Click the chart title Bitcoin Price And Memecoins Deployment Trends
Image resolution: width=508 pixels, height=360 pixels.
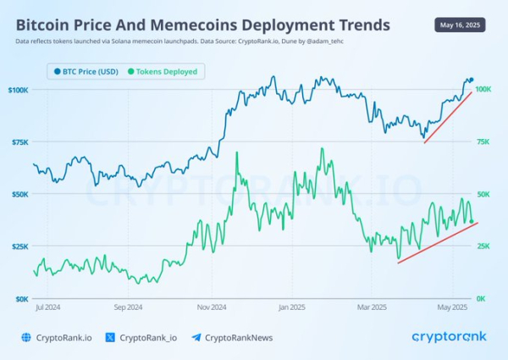(203, 25)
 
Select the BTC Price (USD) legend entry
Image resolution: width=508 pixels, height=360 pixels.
(86, 71)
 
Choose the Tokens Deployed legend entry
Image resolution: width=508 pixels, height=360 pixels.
(165, 71)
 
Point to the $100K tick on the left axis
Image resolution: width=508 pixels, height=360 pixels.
(19, 89)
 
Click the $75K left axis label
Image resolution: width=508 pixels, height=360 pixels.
(19, 141)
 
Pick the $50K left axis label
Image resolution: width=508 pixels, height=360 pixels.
(19, 194)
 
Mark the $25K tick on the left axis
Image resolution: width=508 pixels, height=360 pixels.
(19, 246)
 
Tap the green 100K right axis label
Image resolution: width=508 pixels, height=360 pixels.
(484, 89)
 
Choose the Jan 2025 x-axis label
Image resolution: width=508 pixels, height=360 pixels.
(291, 308)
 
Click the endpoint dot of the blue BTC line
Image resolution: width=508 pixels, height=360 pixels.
(472, 80)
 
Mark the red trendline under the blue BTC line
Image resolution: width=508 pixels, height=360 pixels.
(448, 117)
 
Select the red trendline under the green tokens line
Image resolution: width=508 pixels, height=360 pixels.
(438, 243)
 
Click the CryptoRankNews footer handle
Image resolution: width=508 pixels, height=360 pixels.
(239, 337)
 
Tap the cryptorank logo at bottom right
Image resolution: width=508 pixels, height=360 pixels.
(449, 336)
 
